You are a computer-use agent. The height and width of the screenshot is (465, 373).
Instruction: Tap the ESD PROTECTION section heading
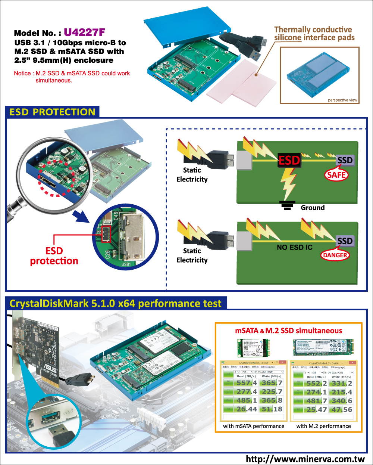(52, 112)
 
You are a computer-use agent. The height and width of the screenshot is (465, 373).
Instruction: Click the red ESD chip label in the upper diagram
(289, 160)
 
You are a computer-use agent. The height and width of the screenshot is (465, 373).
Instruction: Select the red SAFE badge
(336, 175)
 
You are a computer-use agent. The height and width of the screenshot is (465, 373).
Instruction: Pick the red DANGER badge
(335, 255)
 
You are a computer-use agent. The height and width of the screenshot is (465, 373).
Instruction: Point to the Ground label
(313, 208)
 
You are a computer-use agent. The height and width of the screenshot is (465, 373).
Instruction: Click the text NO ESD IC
(294, 247)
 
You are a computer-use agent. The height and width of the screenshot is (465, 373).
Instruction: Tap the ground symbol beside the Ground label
(287, 206)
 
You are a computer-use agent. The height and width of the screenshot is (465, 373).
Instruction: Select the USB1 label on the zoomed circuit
(126, 264)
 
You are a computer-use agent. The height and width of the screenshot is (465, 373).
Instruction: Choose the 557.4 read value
(247, 383)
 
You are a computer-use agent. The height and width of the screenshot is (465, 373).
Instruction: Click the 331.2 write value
(342, 383)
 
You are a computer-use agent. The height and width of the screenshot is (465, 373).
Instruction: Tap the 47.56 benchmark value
(342, 409)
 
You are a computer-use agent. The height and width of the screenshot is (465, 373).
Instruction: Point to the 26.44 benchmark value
(247, 409)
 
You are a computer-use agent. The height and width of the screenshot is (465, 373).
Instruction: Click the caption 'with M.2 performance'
(323, 426)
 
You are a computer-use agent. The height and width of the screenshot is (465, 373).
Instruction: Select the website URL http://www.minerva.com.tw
(305, 459)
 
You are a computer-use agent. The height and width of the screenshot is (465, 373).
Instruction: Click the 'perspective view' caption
(342, 100)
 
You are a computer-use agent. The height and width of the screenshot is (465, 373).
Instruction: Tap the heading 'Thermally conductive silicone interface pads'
(314, 34)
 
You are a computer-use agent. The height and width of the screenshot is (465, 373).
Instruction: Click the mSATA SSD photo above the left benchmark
(254, 348)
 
